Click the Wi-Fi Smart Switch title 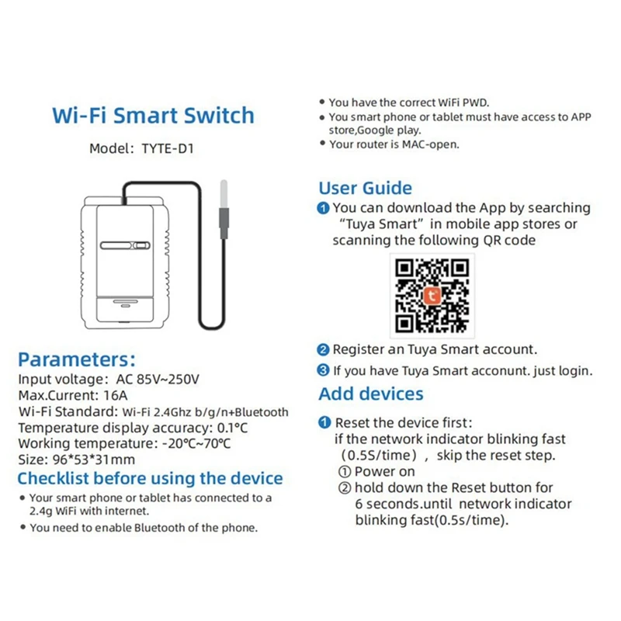click(x=153, y=116)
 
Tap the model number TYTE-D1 click(x=163, y=148)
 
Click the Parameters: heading click(x=77, y=359)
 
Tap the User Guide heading click(x=365, y=188)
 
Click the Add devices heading click(x=371, y=394)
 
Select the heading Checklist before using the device click(x=150, y=478)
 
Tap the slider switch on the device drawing click(x=125, y=247)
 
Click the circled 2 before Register click(x=324, y=350)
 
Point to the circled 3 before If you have click(x=324, y=370)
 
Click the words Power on click(x=384, y=471)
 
